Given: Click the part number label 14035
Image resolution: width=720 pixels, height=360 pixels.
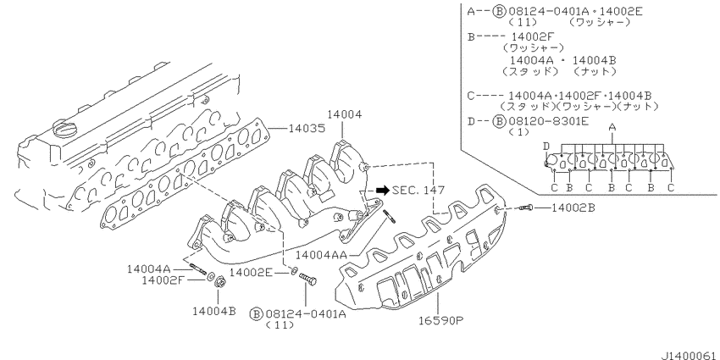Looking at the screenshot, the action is [307, 129].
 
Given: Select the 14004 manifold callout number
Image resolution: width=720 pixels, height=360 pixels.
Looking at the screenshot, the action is [345, 114].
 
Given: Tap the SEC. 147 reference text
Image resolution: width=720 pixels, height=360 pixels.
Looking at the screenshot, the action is [418, 190].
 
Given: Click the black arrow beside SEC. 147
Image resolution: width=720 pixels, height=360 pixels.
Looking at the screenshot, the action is [382, 190].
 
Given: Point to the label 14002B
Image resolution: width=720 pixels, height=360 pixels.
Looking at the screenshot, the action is [573, 208].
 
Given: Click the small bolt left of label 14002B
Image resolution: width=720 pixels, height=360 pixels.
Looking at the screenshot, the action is [526, 208].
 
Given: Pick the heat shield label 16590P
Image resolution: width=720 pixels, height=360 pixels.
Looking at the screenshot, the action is [440, 320].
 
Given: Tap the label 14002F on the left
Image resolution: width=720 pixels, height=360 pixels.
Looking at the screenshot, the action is [163, 279].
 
